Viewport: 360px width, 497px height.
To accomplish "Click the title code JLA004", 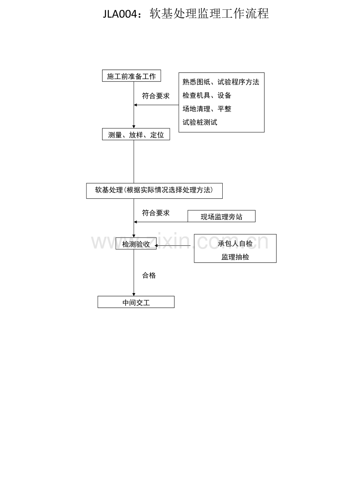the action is (120, 14).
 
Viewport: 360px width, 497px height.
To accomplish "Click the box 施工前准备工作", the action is (131, 76).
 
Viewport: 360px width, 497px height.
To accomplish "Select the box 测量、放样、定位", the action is (136, 134).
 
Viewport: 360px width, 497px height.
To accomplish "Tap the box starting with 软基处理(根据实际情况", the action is (154, 191).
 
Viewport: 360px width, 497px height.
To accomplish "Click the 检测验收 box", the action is (136, 244).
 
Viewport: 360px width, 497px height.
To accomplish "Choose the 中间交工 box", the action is (136, 302).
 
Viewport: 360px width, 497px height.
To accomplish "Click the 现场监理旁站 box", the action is (221, 216).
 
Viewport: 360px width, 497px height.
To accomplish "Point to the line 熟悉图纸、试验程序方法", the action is (221, 82).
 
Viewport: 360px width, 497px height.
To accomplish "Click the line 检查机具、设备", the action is (207, 95).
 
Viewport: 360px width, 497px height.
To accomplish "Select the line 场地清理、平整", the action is (207, 109).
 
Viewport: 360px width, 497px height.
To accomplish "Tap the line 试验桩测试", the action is (200, 122).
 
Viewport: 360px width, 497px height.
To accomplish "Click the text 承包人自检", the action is (235, 244).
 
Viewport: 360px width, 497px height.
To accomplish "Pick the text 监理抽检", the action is (235, 257).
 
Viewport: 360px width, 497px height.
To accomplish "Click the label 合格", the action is (149, 276).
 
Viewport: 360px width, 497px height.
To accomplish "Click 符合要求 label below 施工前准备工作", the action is (156, 96).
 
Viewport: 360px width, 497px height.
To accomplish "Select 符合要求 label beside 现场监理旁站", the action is (156, 213).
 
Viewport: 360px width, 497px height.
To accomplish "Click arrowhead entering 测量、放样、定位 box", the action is (134, 127).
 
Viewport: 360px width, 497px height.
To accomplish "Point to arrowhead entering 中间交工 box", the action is (134, 294).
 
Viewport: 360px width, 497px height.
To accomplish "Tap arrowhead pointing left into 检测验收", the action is (156, 246).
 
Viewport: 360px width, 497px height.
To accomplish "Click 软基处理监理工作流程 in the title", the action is (209, 14).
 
